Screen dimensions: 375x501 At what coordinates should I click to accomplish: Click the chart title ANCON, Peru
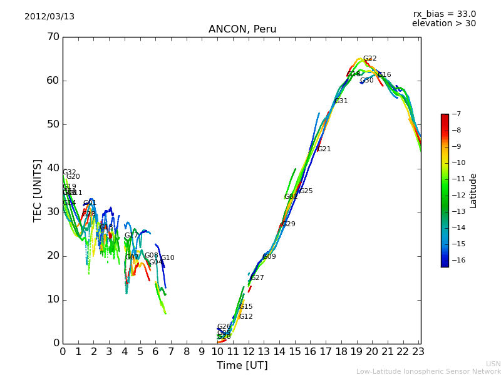(x=242, y=29)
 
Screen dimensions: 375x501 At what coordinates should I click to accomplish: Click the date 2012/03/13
(x=49, y=17)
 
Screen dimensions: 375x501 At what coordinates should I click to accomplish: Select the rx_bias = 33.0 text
(x=444, y=14)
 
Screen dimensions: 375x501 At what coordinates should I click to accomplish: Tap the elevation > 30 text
(x=443, y=24)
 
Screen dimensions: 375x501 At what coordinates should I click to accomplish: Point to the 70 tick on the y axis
(x=53, y=37)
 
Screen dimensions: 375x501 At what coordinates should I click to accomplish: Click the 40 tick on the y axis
(x=53, y=168)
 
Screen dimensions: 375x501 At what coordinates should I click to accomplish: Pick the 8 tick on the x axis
(x=187, y=352)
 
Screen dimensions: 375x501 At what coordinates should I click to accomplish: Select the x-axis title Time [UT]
(x=242, y=366)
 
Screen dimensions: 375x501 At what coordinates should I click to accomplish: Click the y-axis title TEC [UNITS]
(x=38, y=190)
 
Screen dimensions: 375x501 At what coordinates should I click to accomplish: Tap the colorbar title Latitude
(x=473, y=191)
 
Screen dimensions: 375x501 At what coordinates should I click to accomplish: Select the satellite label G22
(x=369, y=59)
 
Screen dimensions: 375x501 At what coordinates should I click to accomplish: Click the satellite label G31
(x=341, y=101)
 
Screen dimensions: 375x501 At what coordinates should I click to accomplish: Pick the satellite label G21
(x=324, y=149)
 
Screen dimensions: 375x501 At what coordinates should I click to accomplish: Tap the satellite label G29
(x=288, y=224)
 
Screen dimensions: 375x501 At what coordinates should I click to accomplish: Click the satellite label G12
(x=245, y=317)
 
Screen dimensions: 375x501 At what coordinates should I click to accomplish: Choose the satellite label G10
(x=167, y=258)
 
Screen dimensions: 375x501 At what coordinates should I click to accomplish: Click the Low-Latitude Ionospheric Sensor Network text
(x=428, y=372)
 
